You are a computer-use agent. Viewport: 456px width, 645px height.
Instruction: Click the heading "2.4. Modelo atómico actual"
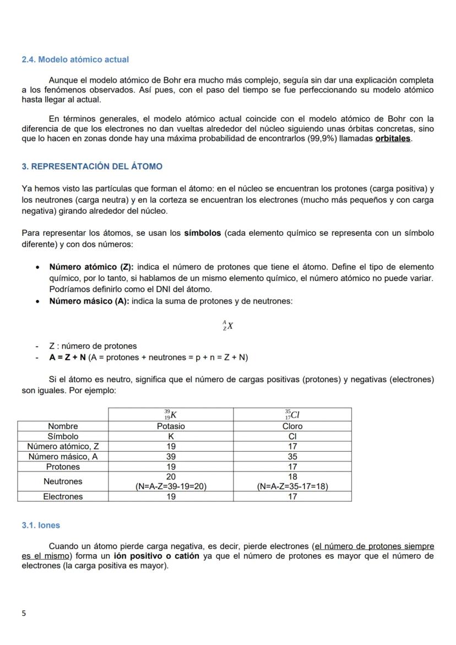(75, 59)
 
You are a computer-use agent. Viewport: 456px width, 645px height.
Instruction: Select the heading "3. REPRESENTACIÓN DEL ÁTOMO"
(91, 166)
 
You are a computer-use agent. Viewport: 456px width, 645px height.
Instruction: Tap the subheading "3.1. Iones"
(41, 525)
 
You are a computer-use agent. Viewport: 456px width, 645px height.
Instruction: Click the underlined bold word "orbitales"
(393, 139)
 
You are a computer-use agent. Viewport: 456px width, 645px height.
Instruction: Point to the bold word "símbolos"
(202, 233)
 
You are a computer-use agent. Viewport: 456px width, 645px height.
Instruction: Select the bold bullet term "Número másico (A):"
(89, 301)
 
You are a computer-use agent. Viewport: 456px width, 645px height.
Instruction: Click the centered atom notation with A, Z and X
(227, 326)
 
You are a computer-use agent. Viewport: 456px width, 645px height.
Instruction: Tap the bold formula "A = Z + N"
(67, 357)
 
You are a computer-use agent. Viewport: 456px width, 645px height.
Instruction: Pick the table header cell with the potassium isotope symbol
(171, 414)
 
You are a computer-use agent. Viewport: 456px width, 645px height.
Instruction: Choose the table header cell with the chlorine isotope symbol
(292, 414)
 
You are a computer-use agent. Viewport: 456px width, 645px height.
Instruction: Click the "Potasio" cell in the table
(171, 426)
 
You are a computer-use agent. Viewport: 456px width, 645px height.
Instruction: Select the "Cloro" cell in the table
(292, 426)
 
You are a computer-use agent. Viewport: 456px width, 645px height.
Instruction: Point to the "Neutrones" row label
(63, 481)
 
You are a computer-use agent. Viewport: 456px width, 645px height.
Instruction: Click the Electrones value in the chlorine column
(292, 497)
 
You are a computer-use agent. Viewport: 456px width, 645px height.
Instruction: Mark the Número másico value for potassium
(171, 457)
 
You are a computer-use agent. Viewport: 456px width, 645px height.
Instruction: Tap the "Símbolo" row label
(63, 436)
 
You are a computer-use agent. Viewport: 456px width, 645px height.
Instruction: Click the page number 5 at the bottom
(24, 613)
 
